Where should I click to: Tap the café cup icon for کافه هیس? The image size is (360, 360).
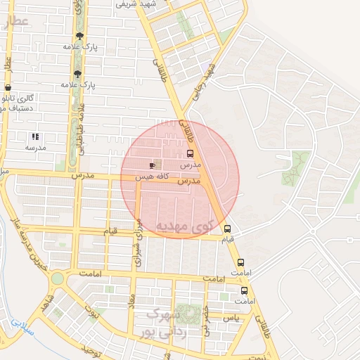point(153,165)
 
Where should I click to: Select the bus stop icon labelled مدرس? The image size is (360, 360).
point(191,154)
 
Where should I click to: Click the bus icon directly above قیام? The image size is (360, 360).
point(227,229)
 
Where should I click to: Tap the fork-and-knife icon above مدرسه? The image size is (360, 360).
point(35,137)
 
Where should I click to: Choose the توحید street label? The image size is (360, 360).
point(92,350)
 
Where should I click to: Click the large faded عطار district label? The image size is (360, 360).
point(15,22)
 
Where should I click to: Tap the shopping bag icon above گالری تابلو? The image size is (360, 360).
point(8,88)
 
